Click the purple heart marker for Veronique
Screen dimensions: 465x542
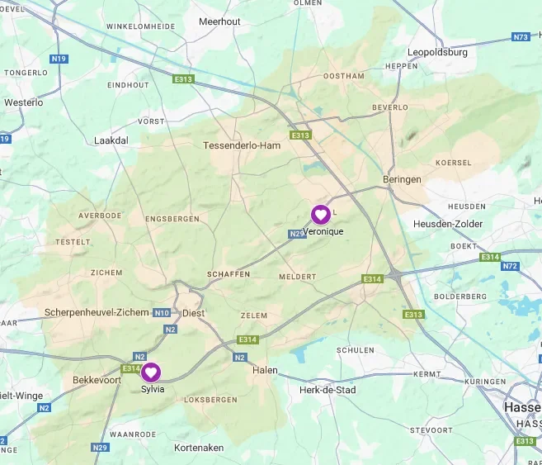pos(320,215)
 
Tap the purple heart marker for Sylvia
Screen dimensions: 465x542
pos(152,372)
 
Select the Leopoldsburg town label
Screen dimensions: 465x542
pos(438,51)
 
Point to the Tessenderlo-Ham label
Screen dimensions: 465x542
pos(242,145)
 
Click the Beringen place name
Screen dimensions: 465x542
pos(402,179)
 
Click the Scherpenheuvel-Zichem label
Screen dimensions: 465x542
pos(97,313)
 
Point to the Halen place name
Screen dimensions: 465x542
pos(265,370)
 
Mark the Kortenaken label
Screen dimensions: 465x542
pos(199,448)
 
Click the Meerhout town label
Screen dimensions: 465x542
pos(219,21)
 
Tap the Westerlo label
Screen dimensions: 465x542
pos(23,102)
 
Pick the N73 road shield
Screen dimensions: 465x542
pos(520,37)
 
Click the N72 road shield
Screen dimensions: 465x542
pos(511,266)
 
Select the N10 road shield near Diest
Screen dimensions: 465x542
pos(161,313)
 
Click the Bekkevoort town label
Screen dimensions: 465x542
pos(97,381)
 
